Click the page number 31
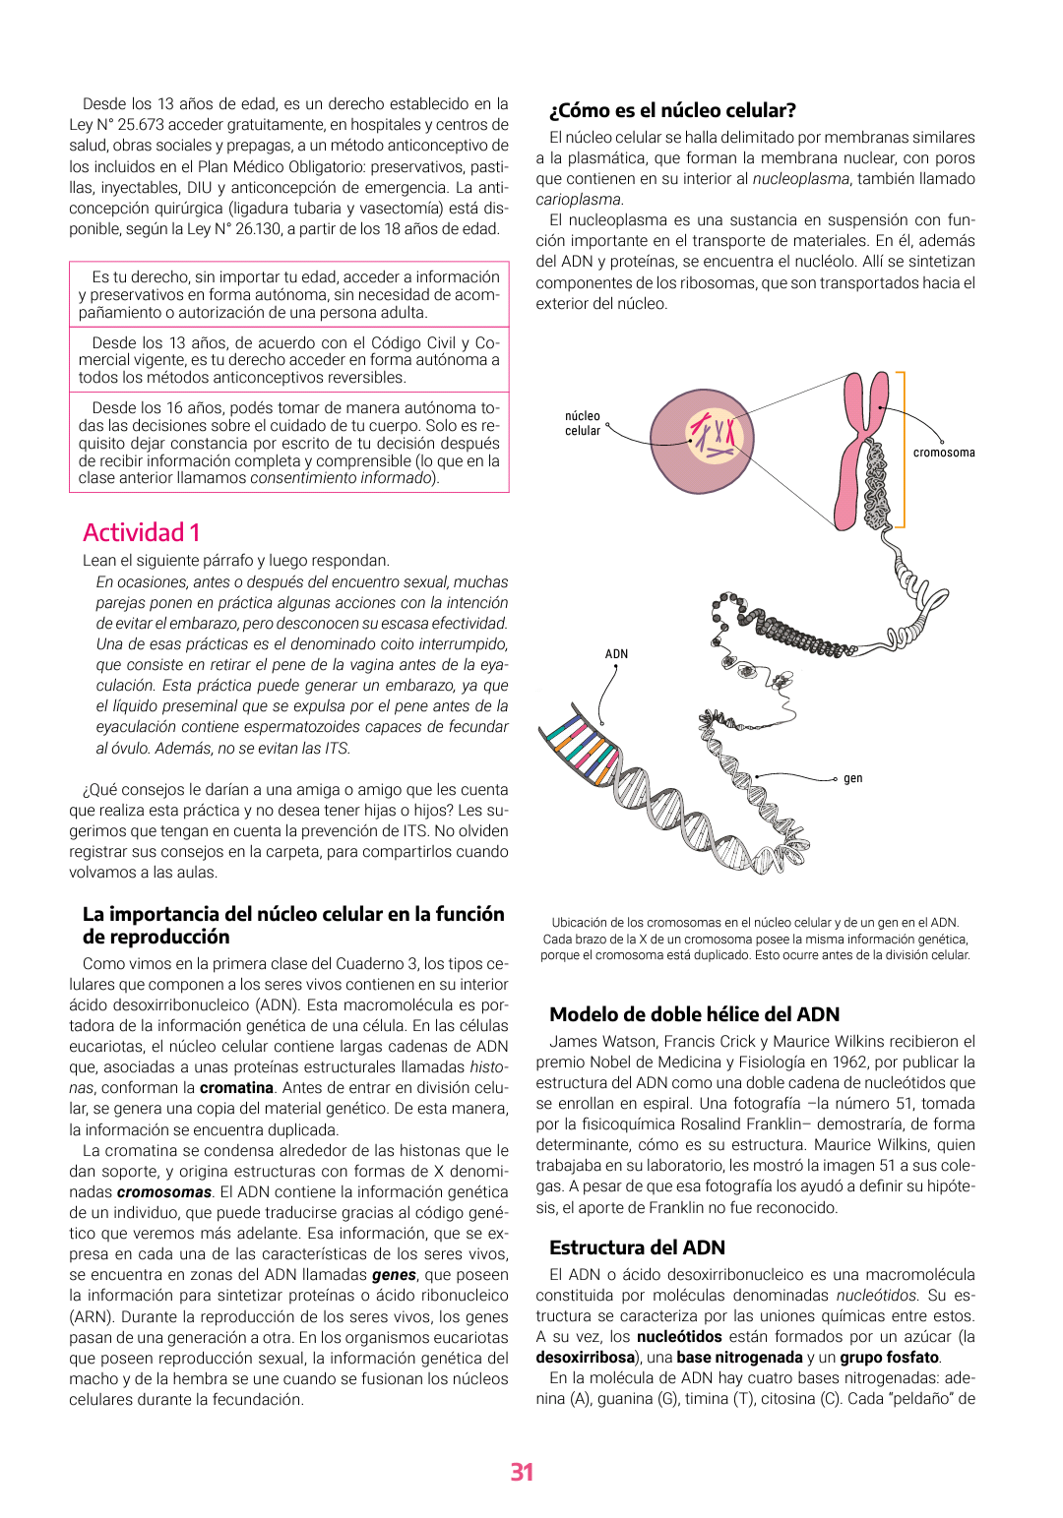522,1472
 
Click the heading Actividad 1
142,532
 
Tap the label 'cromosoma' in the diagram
943,453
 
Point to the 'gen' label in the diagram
852,778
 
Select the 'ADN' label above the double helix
616,654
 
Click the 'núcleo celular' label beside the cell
583,423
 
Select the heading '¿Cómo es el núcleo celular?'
672,110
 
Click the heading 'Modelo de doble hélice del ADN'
694,1014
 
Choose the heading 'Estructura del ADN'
637,1247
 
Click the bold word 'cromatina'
236,1088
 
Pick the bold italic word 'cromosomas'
164,1192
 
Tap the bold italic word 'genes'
394,1275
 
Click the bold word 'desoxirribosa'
585,1358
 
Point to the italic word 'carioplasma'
579,200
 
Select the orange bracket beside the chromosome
901,449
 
